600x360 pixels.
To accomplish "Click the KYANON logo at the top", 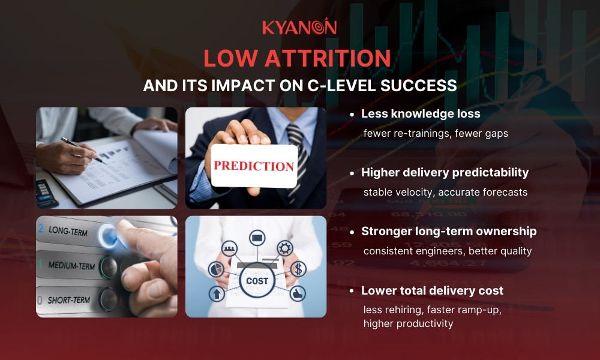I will click(x=299, y=27).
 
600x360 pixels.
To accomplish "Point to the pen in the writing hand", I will click(x=83, y=150).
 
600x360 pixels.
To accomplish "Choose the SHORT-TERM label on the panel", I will click(x=68, y=298).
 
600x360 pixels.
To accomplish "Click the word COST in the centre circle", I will click(x=257, y=280).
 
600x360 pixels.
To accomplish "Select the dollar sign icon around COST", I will click(x=298, y=269).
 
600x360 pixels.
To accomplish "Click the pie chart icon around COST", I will click(x=216, y=269).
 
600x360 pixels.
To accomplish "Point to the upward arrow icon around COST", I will click(x=217, y=293).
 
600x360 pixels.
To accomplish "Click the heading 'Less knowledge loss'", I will click(x=421, y=113).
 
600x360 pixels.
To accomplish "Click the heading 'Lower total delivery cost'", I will click(x=432, y=291).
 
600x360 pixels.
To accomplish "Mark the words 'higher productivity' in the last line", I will click(x=408, y=323).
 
